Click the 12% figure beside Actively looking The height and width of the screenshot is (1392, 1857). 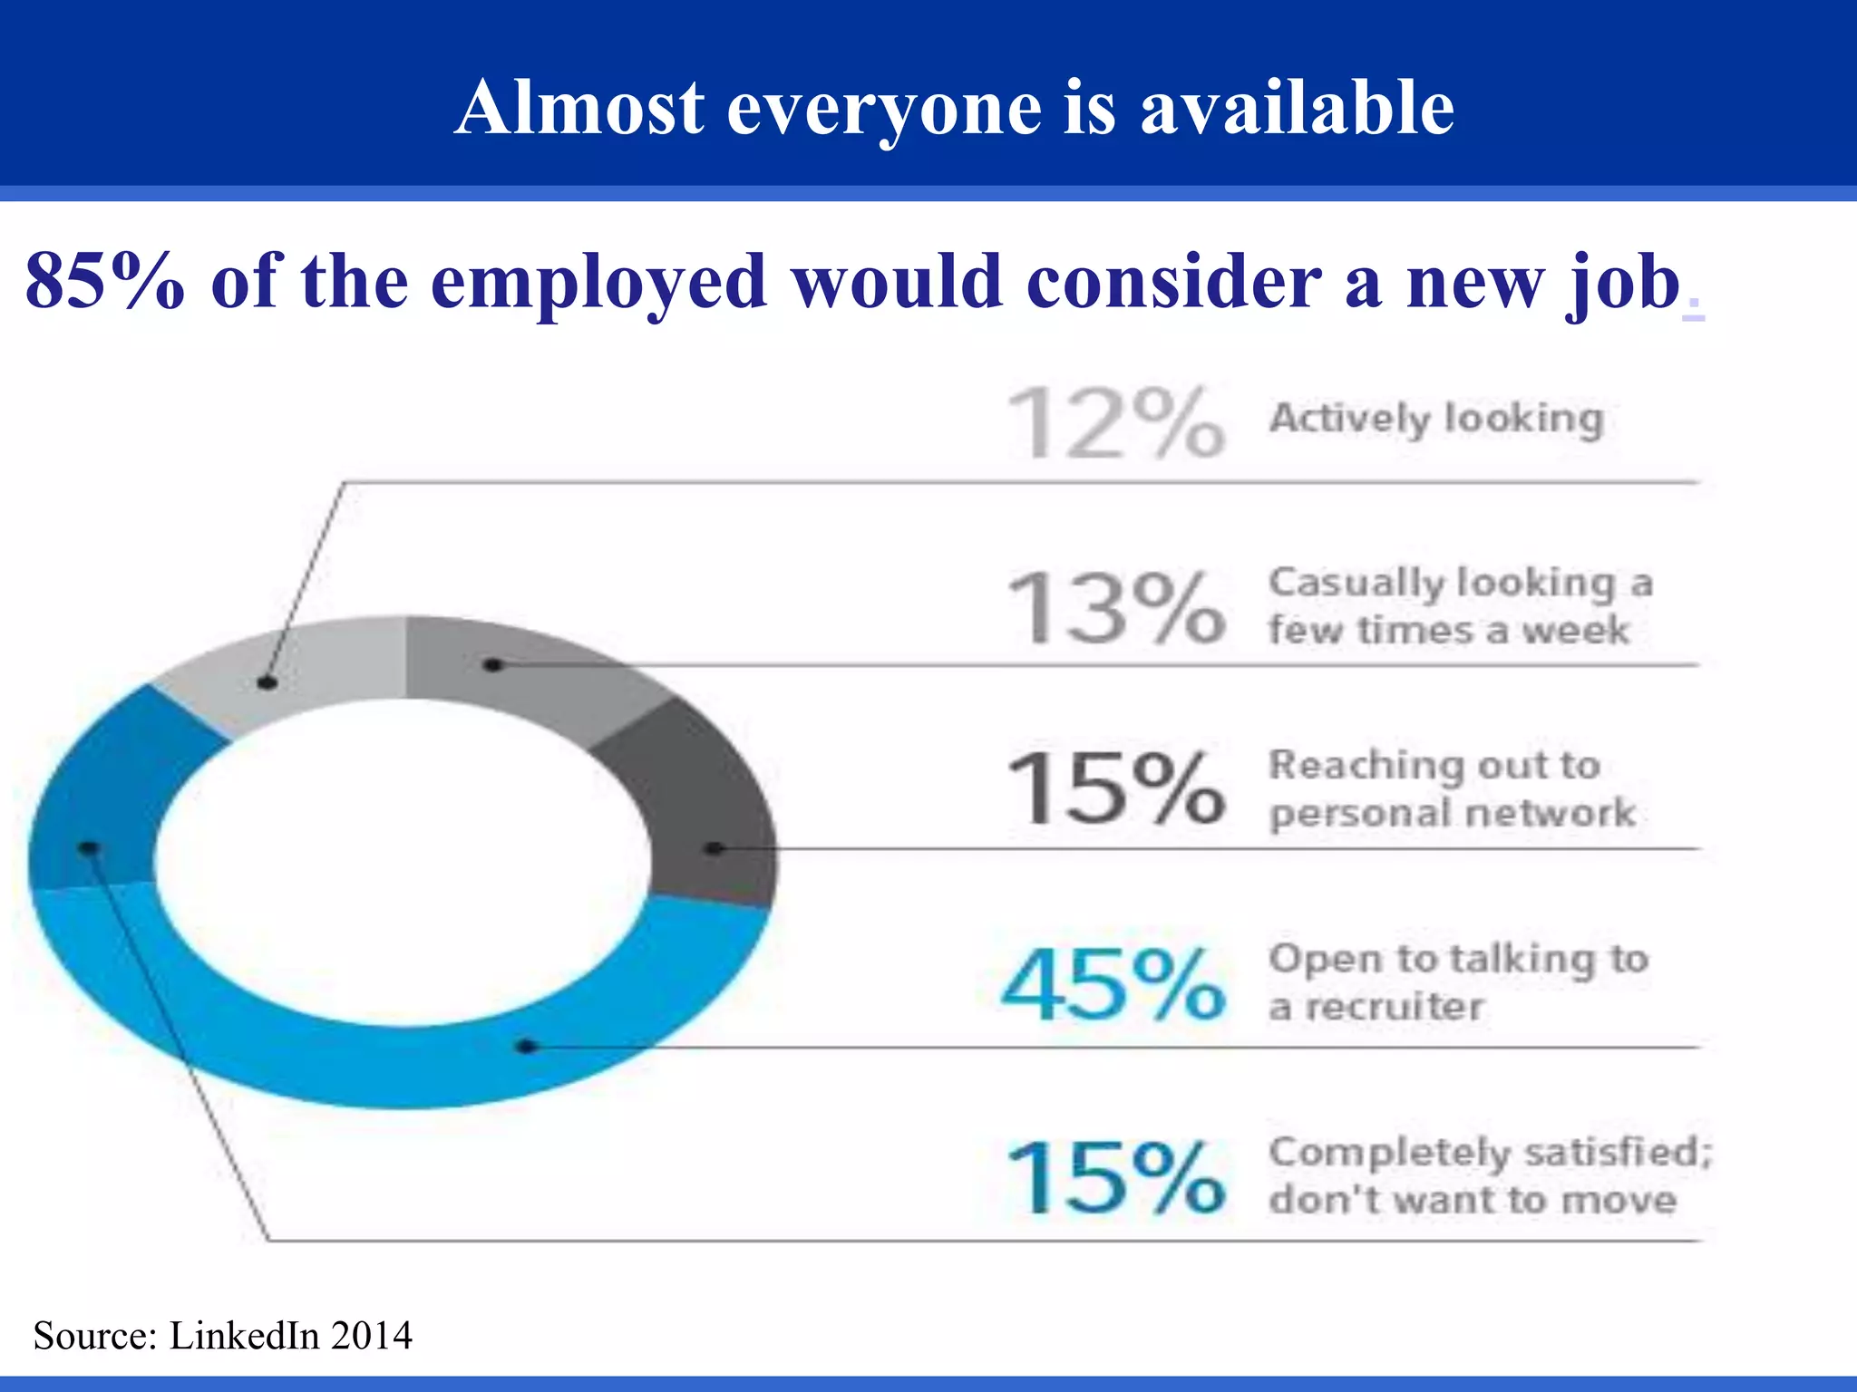point(1116,422)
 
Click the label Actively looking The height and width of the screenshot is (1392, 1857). point(1436,419)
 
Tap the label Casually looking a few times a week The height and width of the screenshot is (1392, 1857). point(1460,605)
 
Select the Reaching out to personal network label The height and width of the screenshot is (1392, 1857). point(1451,788)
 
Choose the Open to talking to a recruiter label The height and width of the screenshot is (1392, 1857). point(1457,982)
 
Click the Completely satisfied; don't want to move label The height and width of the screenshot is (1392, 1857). point(1490,1175)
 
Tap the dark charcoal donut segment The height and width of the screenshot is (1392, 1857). point(698,807)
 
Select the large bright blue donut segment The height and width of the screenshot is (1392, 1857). point(408,1060)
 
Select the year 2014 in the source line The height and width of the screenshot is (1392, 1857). point(371,1336)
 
